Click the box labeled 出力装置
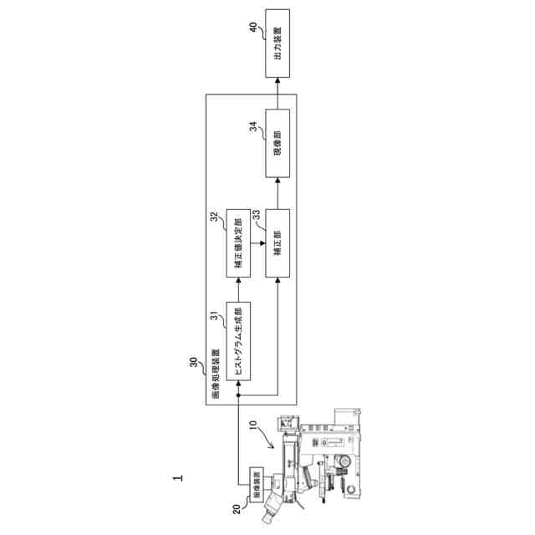pyautogui.click(x=278, y=43)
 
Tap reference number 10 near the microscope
pyautogui.click(x=253, y=427)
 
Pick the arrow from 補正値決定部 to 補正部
pyautogui.click(x=257, y=242)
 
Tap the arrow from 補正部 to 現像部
pyautogui.click(x=278, y=192)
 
